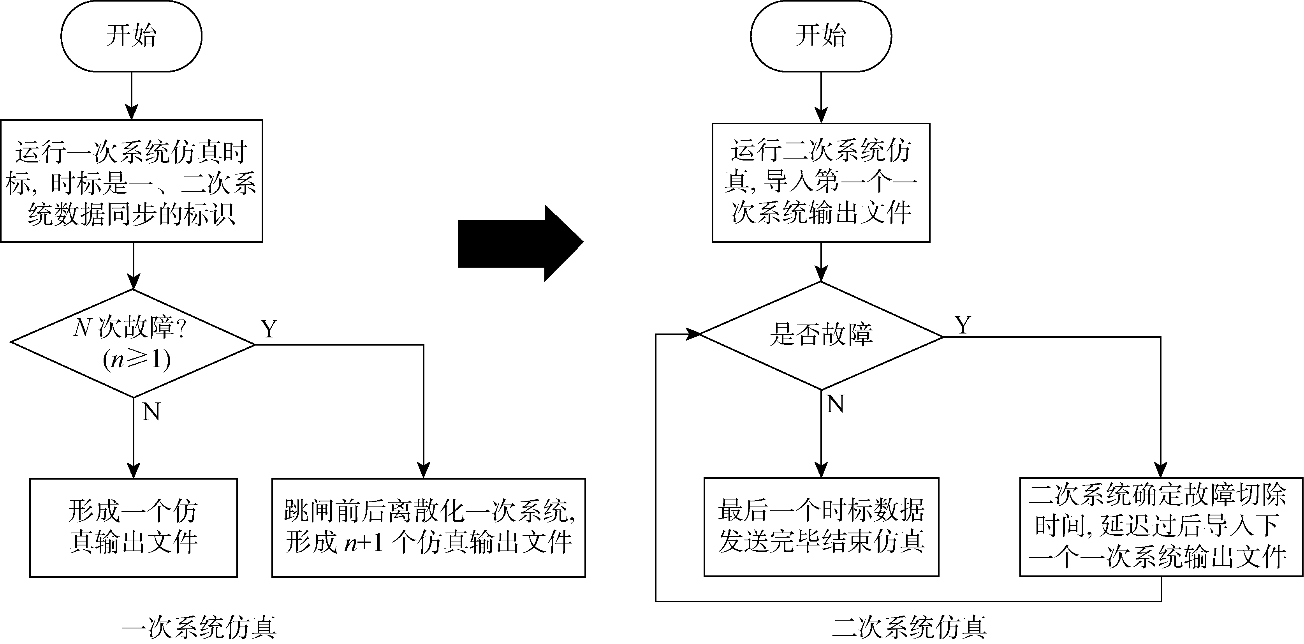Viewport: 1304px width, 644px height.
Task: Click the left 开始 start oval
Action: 131,36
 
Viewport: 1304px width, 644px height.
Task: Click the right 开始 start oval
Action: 820,36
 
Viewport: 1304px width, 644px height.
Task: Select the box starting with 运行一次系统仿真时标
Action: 131,181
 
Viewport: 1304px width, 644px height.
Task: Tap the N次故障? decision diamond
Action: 133,343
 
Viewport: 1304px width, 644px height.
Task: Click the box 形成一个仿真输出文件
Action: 133,528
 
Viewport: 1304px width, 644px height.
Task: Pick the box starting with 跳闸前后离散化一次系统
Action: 428,528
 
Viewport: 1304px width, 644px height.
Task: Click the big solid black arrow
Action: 520,243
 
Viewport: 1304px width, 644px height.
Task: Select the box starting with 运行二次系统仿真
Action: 820,182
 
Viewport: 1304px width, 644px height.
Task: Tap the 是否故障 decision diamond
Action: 820,335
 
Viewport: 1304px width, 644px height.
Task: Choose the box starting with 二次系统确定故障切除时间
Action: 1161,527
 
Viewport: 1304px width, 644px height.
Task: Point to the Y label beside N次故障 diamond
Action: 269,329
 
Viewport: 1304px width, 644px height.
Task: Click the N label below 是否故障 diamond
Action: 835,404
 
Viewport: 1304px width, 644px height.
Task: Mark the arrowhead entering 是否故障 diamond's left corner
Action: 693,334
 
